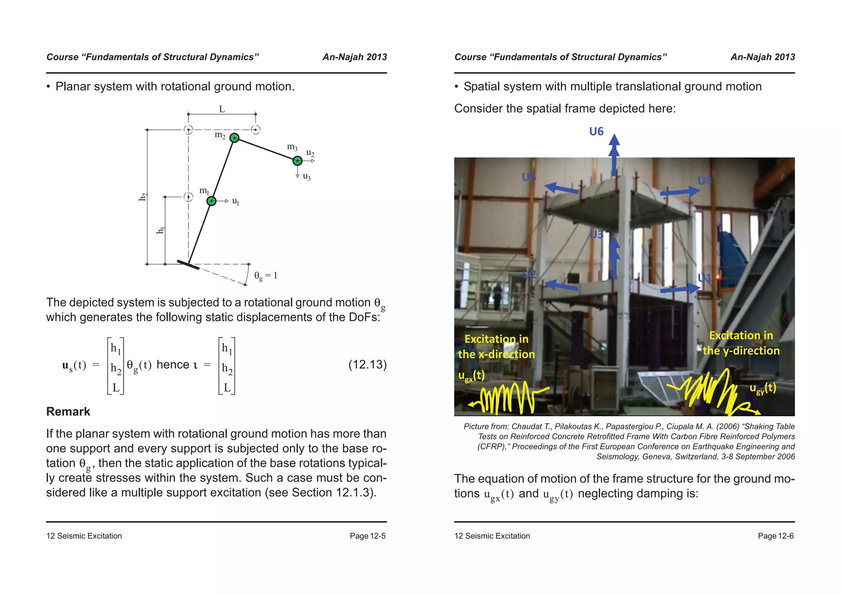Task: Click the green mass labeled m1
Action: (x=211, y=201)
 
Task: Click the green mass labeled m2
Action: (x=234, y=138)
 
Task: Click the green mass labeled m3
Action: (x=297, y=161)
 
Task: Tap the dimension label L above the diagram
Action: (x=222, y=109)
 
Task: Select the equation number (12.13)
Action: (x=367, y=364)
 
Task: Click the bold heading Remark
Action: (x=68, y=411)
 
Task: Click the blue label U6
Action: (x=596, y=131)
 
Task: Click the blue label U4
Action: (x=705, y=181)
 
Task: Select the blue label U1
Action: (x=705, y=278)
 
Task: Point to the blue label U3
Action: (x=596, y=235)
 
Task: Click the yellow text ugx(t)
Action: (x=471, y=376)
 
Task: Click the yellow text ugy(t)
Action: (x=763, y=388)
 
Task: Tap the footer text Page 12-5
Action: (x=367, y=536)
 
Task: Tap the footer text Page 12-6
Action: (x=775, y=536)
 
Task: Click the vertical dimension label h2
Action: (x=142, y=197)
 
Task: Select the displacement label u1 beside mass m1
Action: (x=235, y=201)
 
